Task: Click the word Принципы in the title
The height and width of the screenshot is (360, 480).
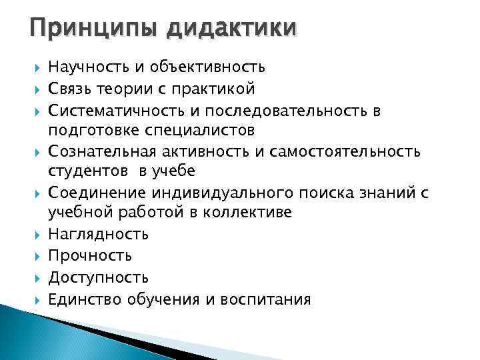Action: tap(85, 29)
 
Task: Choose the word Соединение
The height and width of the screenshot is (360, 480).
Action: tap(91, 193)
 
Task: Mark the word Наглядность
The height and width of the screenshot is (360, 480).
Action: tap(99, 234)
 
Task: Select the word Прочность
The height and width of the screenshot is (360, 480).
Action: tap(90, 255)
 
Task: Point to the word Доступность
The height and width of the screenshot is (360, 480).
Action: tap(99, 277)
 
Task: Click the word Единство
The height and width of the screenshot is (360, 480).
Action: tap(84, 299)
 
